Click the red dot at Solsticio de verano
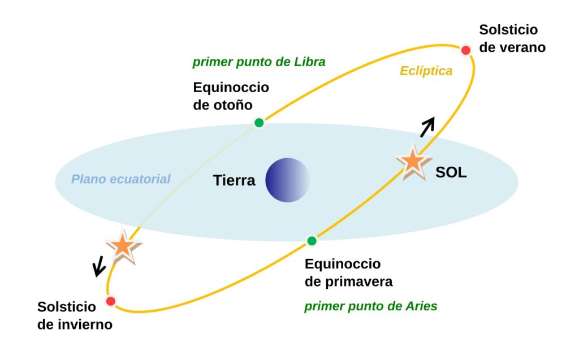tap(466, 50)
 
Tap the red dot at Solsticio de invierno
tap(111, 301)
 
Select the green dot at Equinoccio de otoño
tap(259, 123)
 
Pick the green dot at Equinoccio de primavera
tap(312, 241)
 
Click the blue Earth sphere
tap(288, 180)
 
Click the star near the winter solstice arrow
tap(123, 246)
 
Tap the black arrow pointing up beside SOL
tap(427, 127)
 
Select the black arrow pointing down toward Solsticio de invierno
tap(100, 266)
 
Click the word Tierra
tap(234, 181)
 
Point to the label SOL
tap(451, 173)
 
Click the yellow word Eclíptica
tap(426, 71)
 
